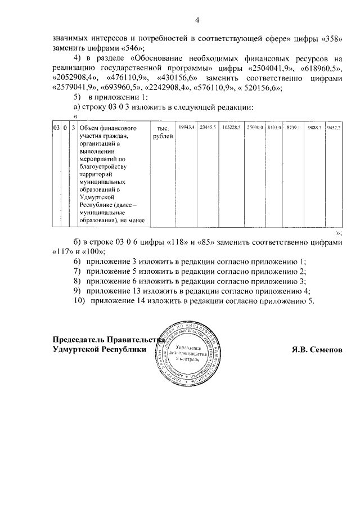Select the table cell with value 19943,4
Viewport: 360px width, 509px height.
pos(187,128)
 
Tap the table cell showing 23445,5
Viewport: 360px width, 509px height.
pos(207,128)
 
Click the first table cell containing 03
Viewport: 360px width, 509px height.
pos(57,128)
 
